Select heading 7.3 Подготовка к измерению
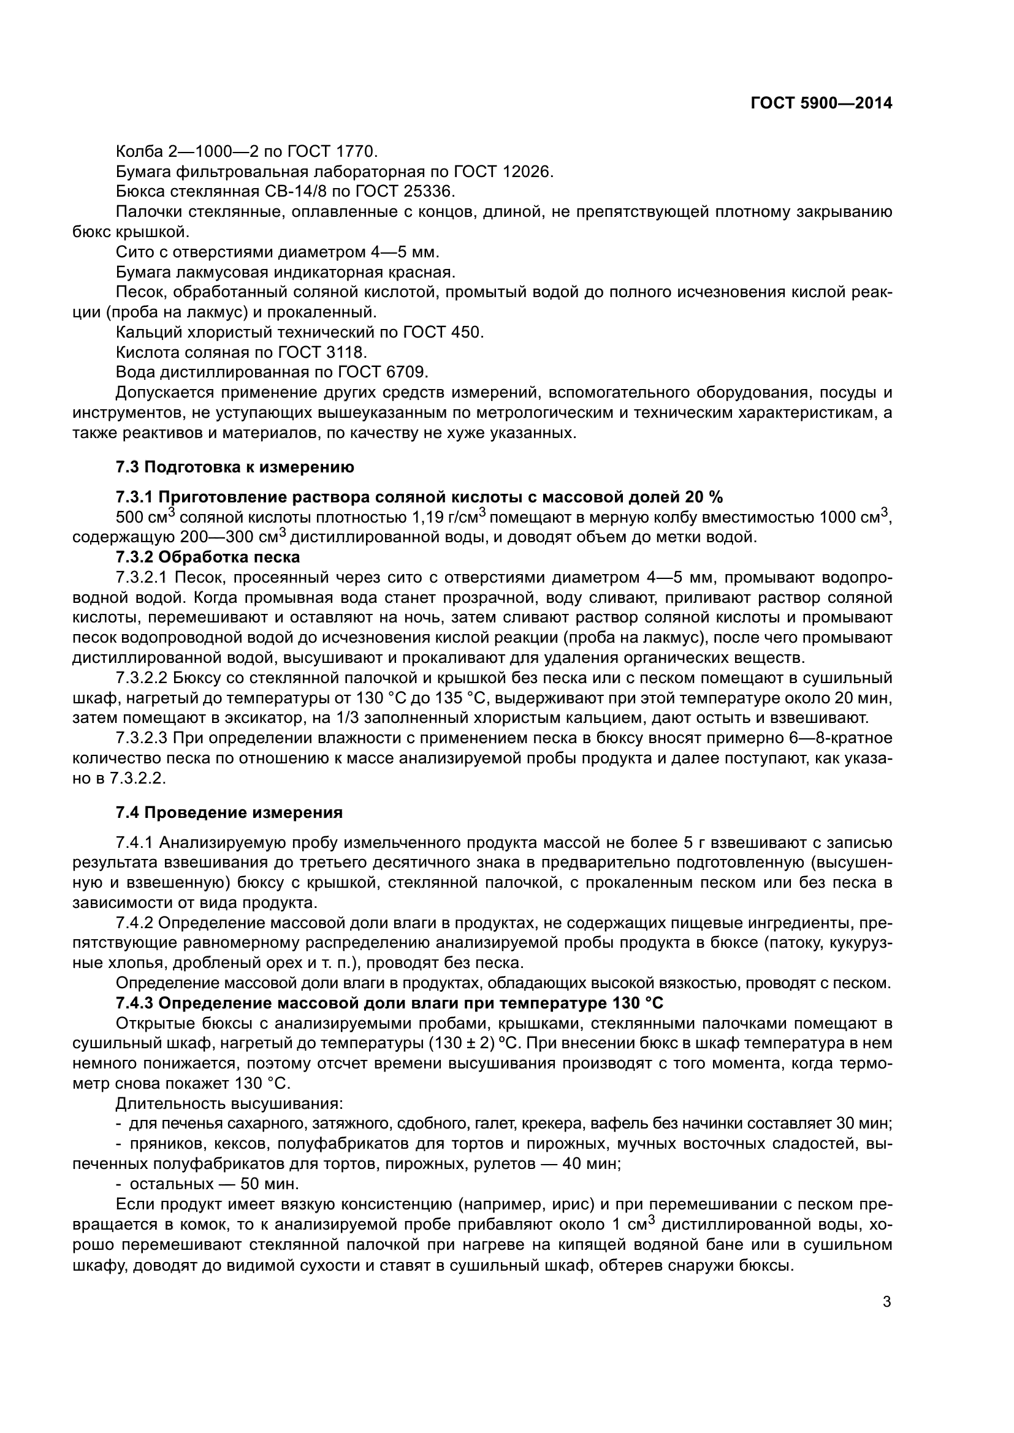pyautogui.click(x=235, y=467)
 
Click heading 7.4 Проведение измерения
pyautogui.click(x=229, y=812)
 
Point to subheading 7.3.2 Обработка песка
pyautogui.click(x=208, y=557)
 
